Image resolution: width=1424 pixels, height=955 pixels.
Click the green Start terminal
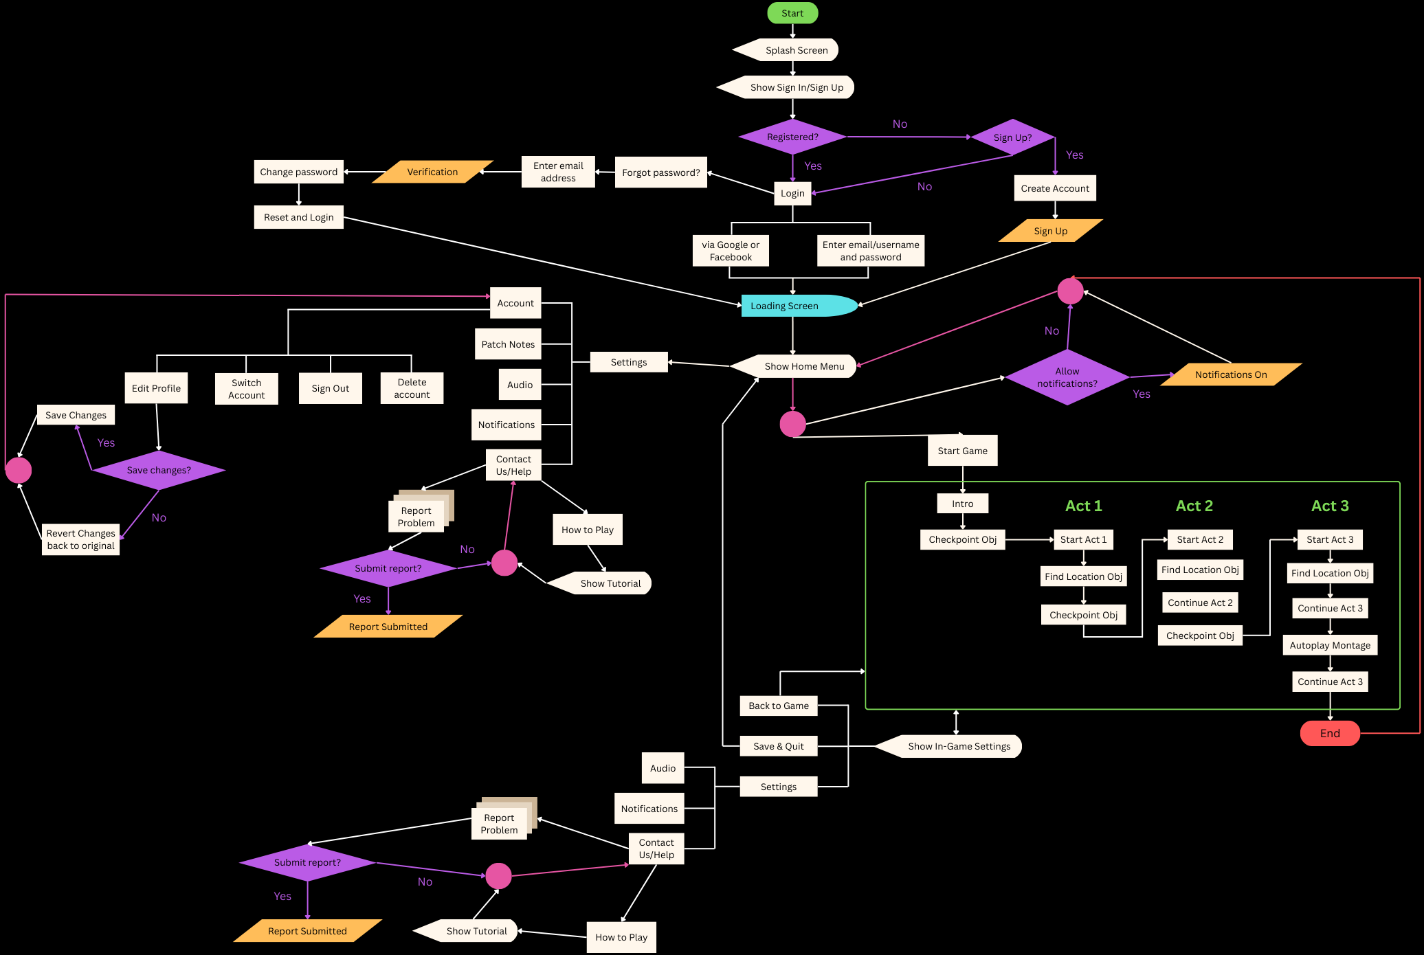pyautogui.click(x=792, y=13)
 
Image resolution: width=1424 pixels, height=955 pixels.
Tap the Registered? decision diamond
pyautogui.click(x=792, y=137)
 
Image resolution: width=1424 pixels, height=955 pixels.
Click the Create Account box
pyautogui.click(x=1055, y=188)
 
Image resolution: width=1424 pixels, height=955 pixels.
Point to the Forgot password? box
pyautogui.click(x=660, y=172)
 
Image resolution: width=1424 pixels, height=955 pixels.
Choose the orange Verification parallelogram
pyautogui.click(x=432, y=172)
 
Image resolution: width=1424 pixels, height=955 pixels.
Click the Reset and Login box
pyautogui.click(x=298, y=217)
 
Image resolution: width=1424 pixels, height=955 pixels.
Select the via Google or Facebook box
pyautogui.click(x=731, y=251)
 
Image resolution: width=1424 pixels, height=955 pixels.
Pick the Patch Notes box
pyautogui.click(x=508, y=344)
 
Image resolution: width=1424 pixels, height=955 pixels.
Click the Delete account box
pyautogui.click(x=412, y=388)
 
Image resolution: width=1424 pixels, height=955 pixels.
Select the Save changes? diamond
pyautogui.click(x=159, y=470)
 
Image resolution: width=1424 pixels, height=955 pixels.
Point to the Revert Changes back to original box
pyautogui.click(x=80, y=539)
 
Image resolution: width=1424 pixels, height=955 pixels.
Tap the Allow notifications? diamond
pyautogui.click(x=1067, y=377)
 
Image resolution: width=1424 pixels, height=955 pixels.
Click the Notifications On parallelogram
pyautogui.click(x=1230, y=374)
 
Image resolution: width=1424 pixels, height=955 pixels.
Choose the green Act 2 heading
pyautogui.click(x=1194, y=506)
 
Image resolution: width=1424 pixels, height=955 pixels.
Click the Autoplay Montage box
pyautogui.click(x=1330, y=645)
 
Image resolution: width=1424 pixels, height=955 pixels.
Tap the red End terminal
pyautogui.click(x=1330, y=733)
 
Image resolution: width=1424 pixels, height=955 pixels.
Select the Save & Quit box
pyautogui.click(x=778, y=746)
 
